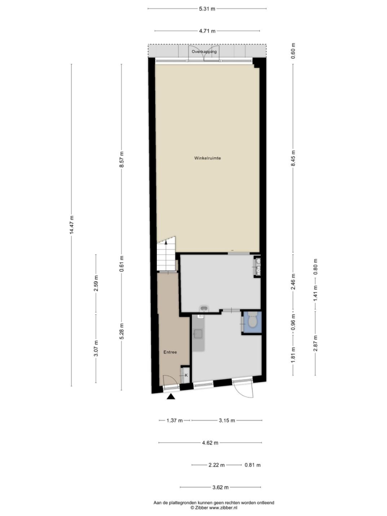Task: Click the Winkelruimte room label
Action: click(x=207, y=158)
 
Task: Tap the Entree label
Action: click(x=170, y=352)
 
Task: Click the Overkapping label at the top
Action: click(x=204, y=52)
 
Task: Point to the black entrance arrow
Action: click(x=171, y=397)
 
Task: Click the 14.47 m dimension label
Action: click(x=71, y=225)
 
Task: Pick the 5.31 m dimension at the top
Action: click(x=207, y=9)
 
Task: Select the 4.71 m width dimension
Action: click(x=207, y=31)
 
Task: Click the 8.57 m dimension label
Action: click(x=122, y=159)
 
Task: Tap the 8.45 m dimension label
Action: click(x=293, y=159)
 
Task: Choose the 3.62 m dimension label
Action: click(x=221, y=487)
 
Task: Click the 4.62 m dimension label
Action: click(x=210, y=443)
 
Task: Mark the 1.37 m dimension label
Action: click(x=174, y=420)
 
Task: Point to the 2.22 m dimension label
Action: click(x=216, y=465)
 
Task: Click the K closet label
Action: click(x=186, y=375)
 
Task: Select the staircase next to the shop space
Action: click(x=166, y=255)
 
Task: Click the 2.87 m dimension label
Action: click(x=315, y=343)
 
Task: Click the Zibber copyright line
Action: click(x=214, y=508)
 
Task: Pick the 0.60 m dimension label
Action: click(x=293, y=51)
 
